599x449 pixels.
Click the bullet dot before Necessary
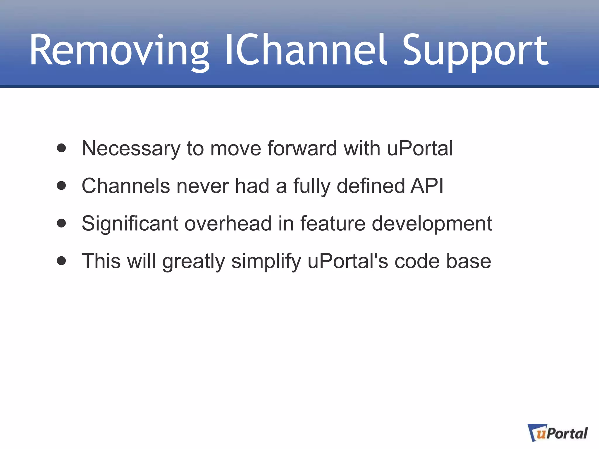click(61, 148)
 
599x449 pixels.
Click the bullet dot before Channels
click(61, 186)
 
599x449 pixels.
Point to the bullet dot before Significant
click(61, 223)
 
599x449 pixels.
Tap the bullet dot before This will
click(61, 261)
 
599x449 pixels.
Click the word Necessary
click(131, 148)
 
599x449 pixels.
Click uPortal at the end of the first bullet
click(420, 148)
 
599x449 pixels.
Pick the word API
click(427, 186)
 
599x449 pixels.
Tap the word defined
click(371, 186)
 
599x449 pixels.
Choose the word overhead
click(228, 224)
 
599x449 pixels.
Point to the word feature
click(333, 224)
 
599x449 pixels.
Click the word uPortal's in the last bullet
click(348, 261)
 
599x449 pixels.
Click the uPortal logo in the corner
click(557, 433)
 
